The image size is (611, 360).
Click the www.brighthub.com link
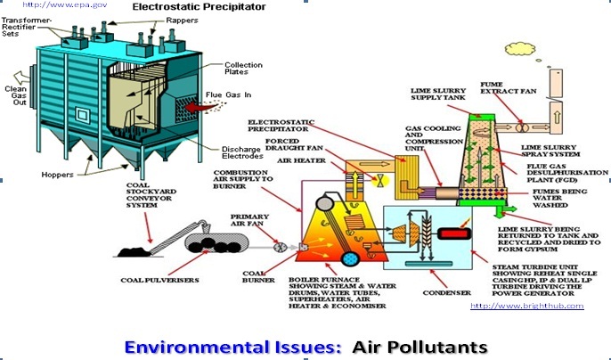pyautogui.click(x=526, y=305)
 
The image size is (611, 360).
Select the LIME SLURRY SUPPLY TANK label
pyautogui.click(x=434, y=95)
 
